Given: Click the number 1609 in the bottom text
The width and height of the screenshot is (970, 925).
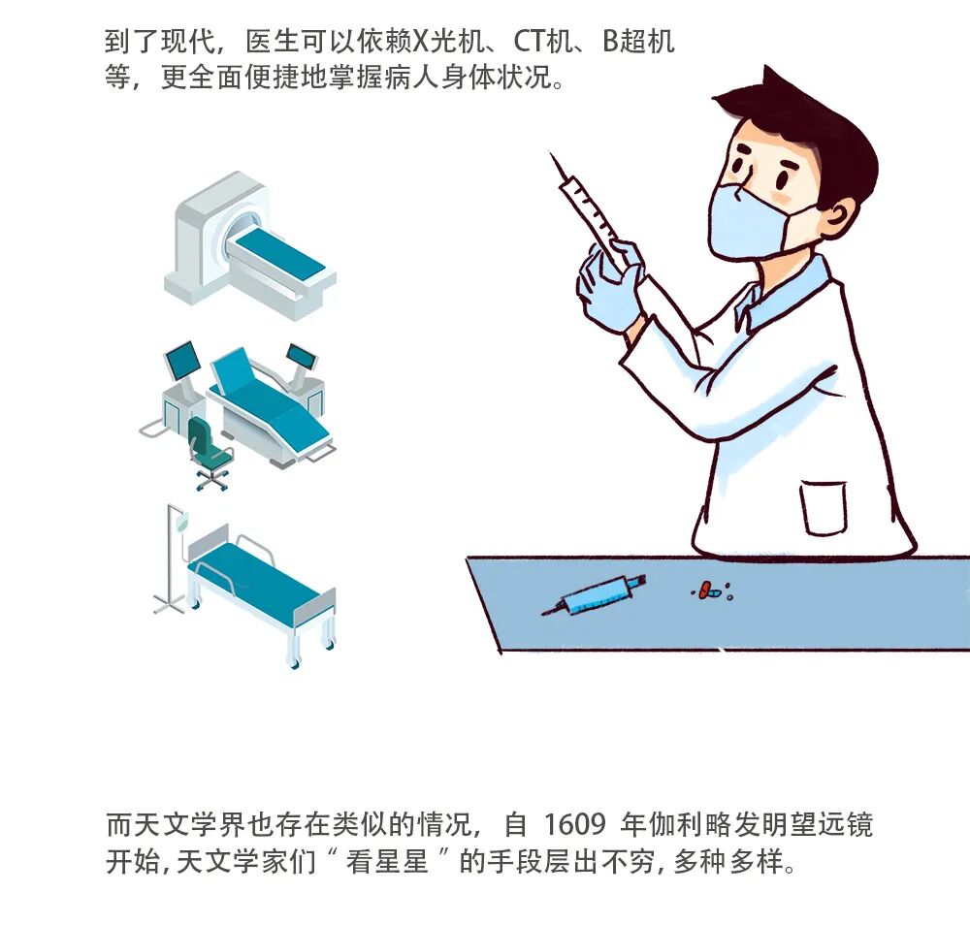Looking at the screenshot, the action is pyautogui.click(x=574, y=825).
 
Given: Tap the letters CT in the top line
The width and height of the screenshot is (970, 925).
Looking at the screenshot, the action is pyautogui.click(x=531, y=42).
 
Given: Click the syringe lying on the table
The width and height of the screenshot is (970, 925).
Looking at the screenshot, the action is pyautogui.click(x=594, y=594).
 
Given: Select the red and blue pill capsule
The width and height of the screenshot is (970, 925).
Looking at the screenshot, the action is pyautogui.click(x=707, y=590).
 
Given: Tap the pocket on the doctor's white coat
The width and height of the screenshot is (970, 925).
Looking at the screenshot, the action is pyautogui.click(x=824, y=508).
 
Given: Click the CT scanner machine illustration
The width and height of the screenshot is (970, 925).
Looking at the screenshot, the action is pyautogui.click(x=250, y=246).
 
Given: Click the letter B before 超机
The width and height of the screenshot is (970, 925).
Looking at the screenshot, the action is pyautogui.click(x=611, y=42).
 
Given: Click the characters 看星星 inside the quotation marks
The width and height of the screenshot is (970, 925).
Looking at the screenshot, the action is pyautogui.click(x=387, y=861).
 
